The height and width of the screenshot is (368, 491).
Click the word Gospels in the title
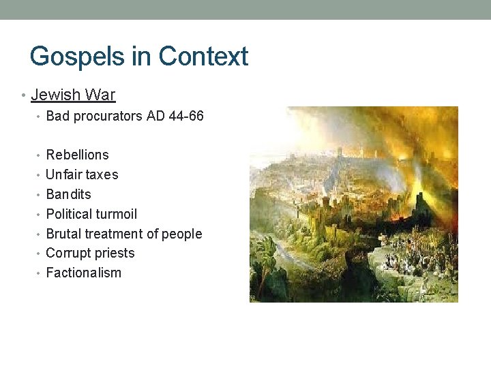(x=74, y=57)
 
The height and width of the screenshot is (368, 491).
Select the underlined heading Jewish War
(x=73, y=95)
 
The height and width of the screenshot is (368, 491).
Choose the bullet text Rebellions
(x=77, y=155)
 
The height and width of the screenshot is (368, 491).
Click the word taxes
(x=102, y=174)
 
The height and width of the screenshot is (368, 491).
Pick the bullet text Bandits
(x=68, y=194)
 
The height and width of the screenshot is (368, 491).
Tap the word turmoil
(x=118, y=214)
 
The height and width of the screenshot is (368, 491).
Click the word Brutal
(x=63, y=234)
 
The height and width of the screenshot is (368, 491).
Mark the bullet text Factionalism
(x=83, y=273)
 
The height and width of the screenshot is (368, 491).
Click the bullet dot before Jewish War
(x=25, y=95)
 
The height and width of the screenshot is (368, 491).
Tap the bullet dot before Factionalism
(x=40, y=273)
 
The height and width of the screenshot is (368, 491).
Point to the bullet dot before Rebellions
(x=40, y=155)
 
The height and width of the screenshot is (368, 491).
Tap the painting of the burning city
(x=353, y=204)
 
